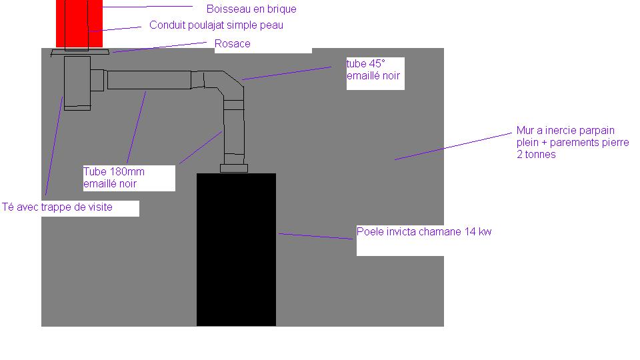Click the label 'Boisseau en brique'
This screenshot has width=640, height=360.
coord(251,9)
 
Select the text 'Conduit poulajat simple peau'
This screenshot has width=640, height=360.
coord(216,25)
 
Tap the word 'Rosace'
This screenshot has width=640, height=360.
coord(233,44)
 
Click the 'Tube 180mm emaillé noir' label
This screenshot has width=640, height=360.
coord(114,177)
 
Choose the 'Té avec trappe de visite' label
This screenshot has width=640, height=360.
coord(58,207)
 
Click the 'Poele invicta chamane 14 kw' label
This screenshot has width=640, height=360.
coord(424,232)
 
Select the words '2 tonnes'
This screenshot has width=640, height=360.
coord(536,155)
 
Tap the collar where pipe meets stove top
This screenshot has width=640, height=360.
coord(233,167)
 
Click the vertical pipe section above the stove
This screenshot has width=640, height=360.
coord(234,130)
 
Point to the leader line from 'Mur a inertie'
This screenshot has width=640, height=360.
coord(453,146)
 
